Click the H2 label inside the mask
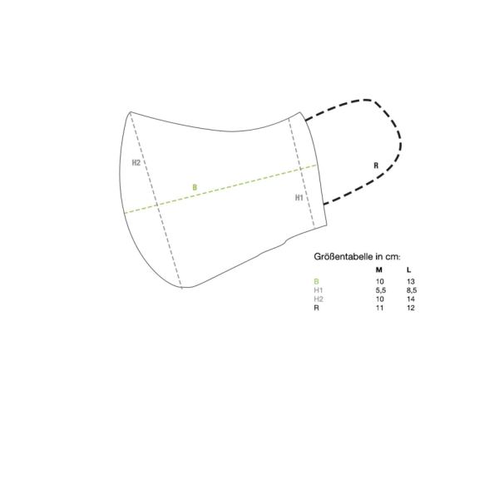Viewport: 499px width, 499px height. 136,163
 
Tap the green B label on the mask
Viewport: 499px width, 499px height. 195,187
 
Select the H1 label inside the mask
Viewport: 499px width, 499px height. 299,198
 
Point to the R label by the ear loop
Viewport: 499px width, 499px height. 376,166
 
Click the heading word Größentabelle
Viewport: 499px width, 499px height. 343,256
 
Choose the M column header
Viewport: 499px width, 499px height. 378,269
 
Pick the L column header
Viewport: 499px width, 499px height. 409,269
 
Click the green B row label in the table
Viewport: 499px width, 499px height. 316,281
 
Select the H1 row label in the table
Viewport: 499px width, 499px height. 319,290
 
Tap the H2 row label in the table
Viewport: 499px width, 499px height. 319,299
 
